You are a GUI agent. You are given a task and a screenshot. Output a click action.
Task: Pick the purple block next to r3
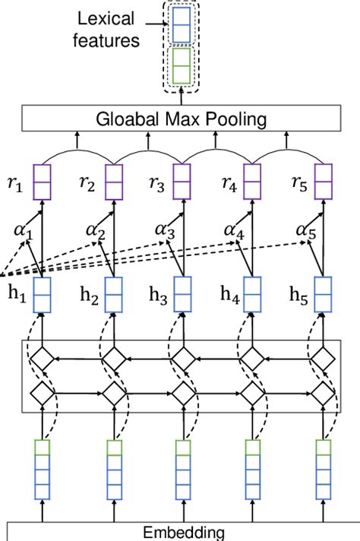[182, 183]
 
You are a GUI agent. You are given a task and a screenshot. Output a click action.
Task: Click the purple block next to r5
[323, 183]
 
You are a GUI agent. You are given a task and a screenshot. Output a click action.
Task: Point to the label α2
[97, 229]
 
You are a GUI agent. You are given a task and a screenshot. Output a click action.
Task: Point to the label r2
[89, 183]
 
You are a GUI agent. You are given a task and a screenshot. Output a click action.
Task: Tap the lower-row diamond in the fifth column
[323, 394]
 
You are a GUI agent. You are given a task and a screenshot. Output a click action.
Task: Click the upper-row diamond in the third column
[182, 356]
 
